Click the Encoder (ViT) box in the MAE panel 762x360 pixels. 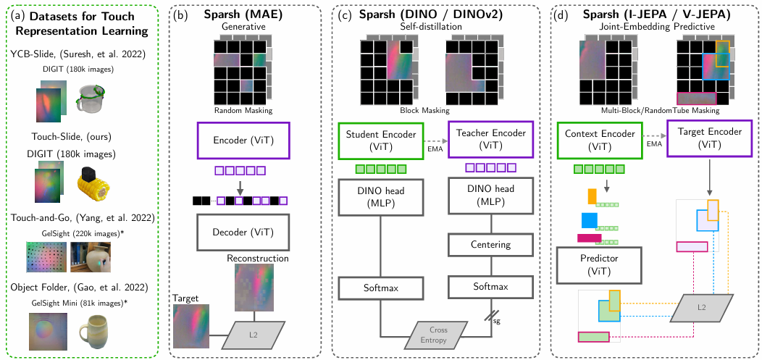click(x=243, y=141)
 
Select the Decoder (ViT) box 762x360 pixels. click(x=243, y=233)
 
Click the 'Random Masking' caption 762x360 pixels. click(x=242, y=111)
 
